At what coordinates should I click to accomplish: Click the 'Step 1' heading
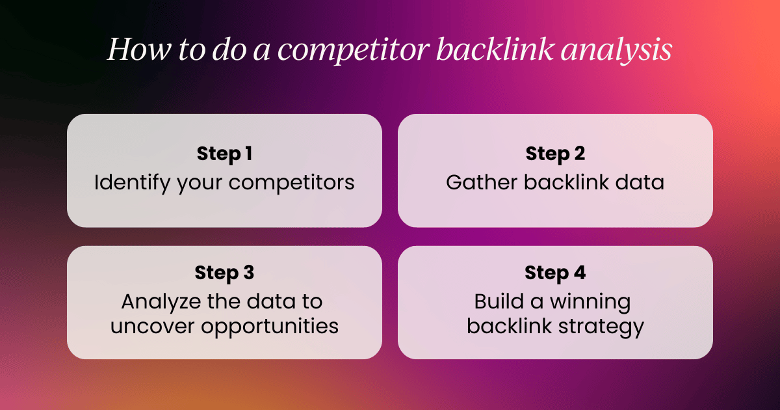pos(224,154)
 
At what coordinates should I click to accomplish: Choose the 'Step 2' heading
pos(555,154)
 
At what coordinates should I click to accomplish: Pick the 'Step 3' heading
pos(224,273)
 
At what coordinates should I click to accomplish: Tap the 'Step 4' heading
pos(555,273)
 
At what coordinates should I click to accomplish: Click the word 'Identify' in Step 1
pos(133,182)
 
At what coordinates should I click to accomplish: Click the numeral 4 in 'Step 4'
pos(578,273)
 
